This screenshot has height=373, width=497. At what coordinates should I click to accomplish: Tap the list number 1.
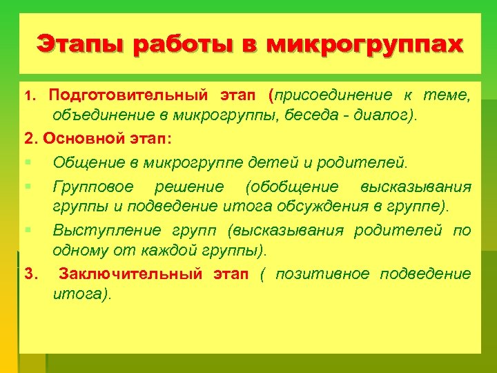[28, 95]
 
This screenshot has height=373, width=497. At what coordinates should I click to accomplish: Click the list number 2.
[29, 138]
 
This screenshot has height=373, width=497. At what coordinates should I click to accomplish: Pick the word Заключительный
[131, 274]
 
